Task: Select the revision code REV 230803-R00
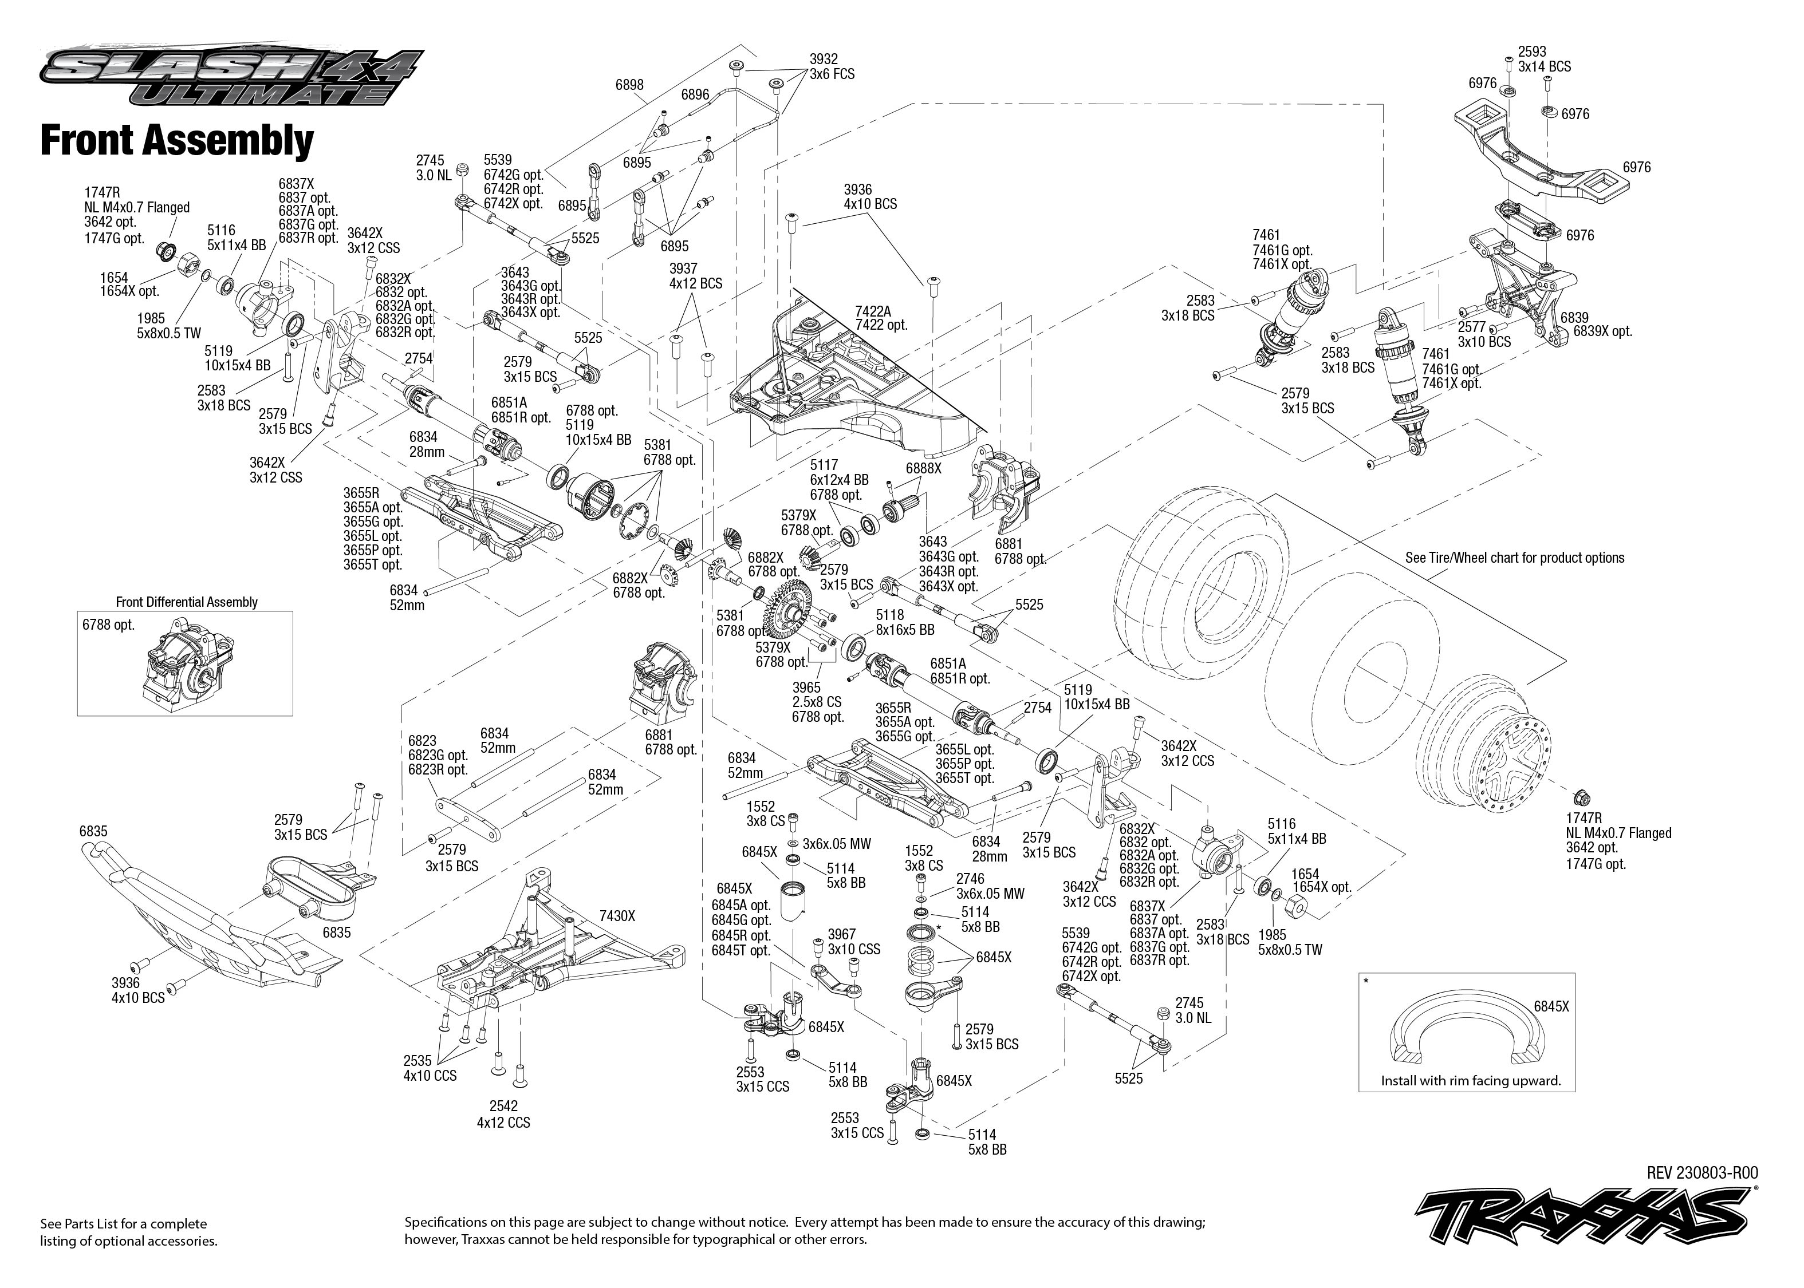[x=1701, y=1173]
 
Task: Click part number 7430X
[x=617, y=916]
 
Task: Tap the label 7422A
[x=873, y=311]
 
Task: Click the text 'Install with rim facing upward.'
[x=1471, y=1080]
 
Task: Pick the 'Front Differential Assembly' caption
[x=187, y=602]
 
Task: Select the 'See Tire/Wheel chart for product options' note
[x=1514, y=558]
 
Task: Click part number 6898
[x=629, y=85]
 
